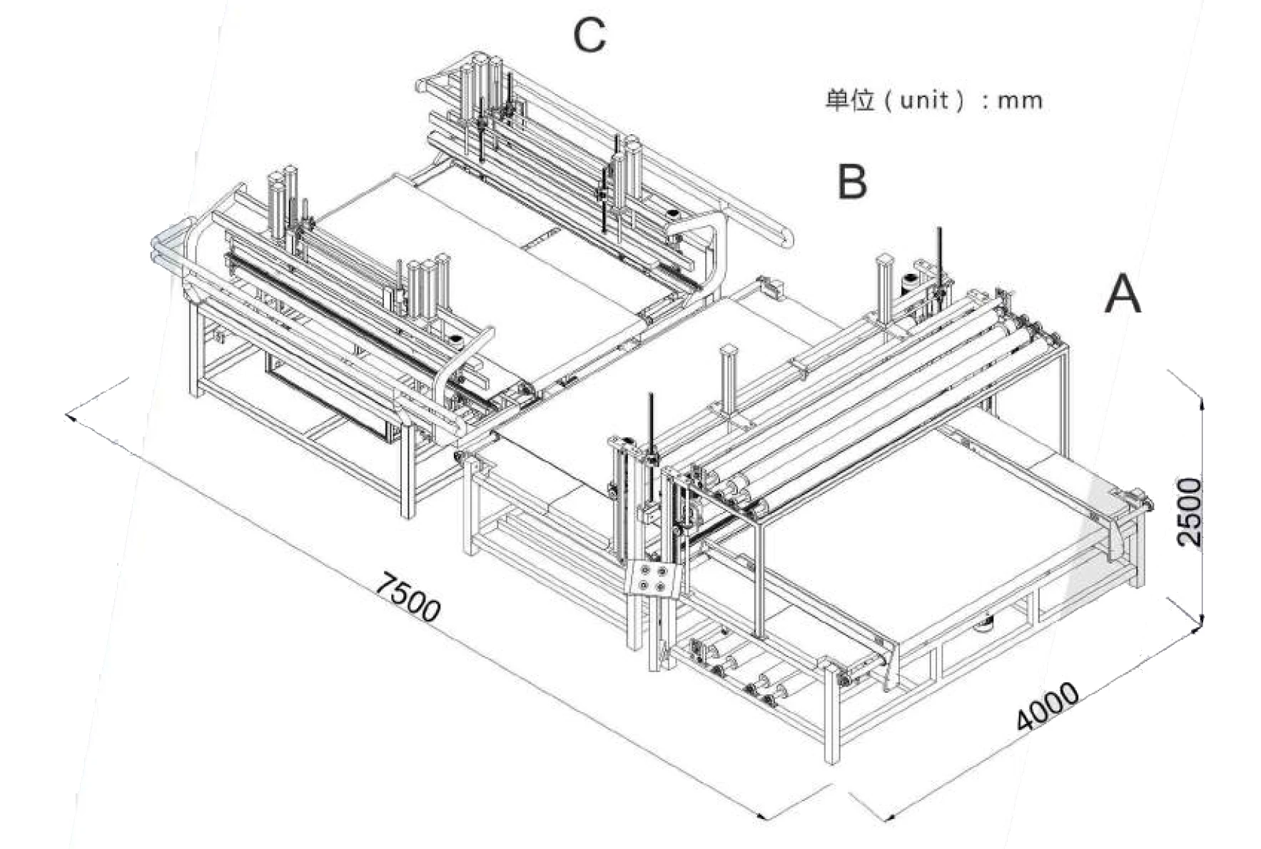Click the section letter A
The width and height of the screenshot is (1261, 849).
tap(1123, 295)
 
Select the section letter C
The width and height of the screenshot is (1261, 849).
tap(589, 35)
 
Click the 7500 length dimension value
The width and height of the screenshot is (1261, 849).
tap(407, 596)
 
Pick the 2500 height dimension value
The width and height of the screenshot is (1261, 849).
tap(1189, 512)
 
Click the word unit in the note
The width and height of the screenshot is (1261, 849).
tap(924, 99)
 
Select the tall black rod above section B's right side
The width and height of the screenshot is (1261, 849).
tap(940, 258)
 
